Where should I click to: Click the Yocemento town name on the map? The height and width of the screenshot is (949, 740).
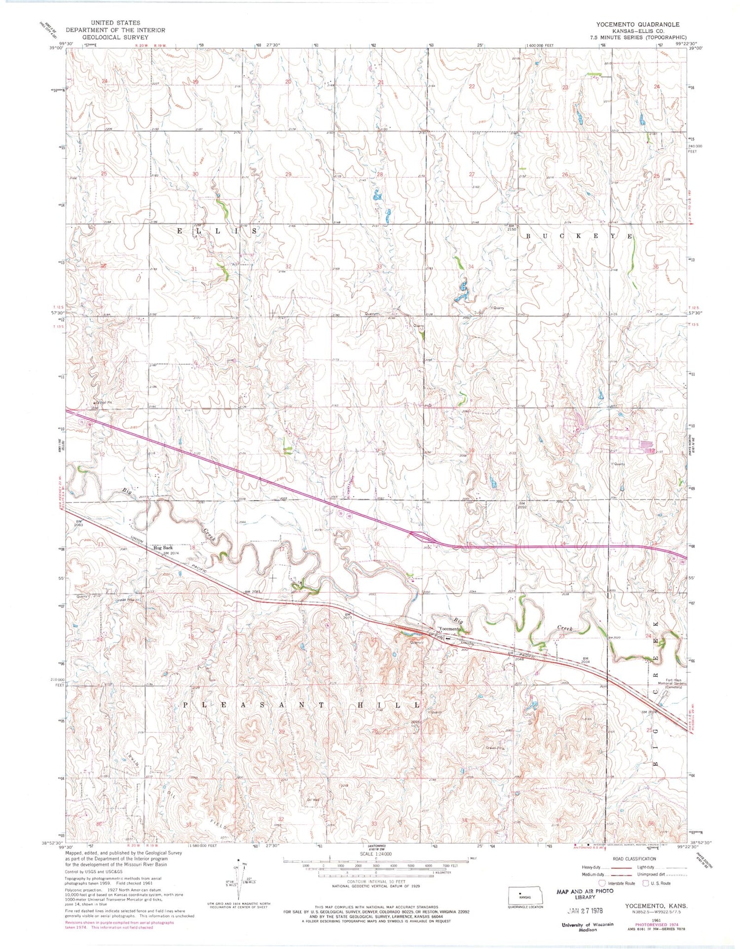pyautogui.click(x=450, y=629)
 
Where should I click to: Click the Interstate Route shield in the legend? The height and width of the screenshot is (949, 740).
pyautogui.click(x=602, y=883)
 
